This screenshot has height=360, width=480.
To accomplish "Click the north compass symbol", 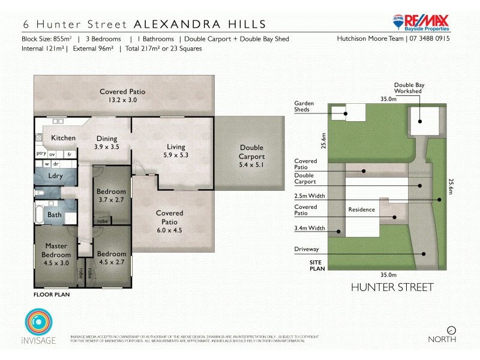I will click(x=451, y=329).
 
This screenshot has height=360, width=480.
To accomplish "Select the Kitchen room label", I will click(x=63, y=138).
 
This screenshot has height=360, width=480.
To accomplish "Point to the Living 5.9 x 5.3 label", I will click(x=176, y=151).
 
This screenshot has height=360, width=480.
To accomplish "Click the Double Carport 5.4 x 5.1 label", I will click(x=251, y=152).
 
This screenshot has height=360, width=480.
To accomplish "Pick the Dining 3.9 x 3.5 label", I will click(x=107, y=142).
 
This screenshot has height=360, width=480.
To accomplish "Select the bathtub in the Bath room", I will click(x=40, y=214).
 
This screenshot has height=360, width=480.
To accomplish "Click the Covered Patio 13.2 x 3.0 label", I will click(x=122, y=96).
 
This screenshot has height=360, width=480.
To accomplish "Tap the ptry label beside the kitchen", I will click(x=41, y=154).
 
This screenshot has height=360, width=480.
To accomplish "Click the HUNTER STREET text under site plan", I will click(x=392, y=287).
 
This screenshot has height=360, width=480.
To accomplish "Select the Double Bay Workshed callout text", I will click(x=409, y=89).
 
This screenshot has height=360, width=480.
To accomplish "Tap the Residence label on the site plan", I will click(x=361, y=210).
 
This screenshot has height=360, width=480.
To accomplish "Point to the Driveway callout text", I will click(x=306, y=248).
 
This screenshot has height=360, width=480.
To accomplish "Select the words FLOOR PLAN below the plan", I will click(x=52, y=295).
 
